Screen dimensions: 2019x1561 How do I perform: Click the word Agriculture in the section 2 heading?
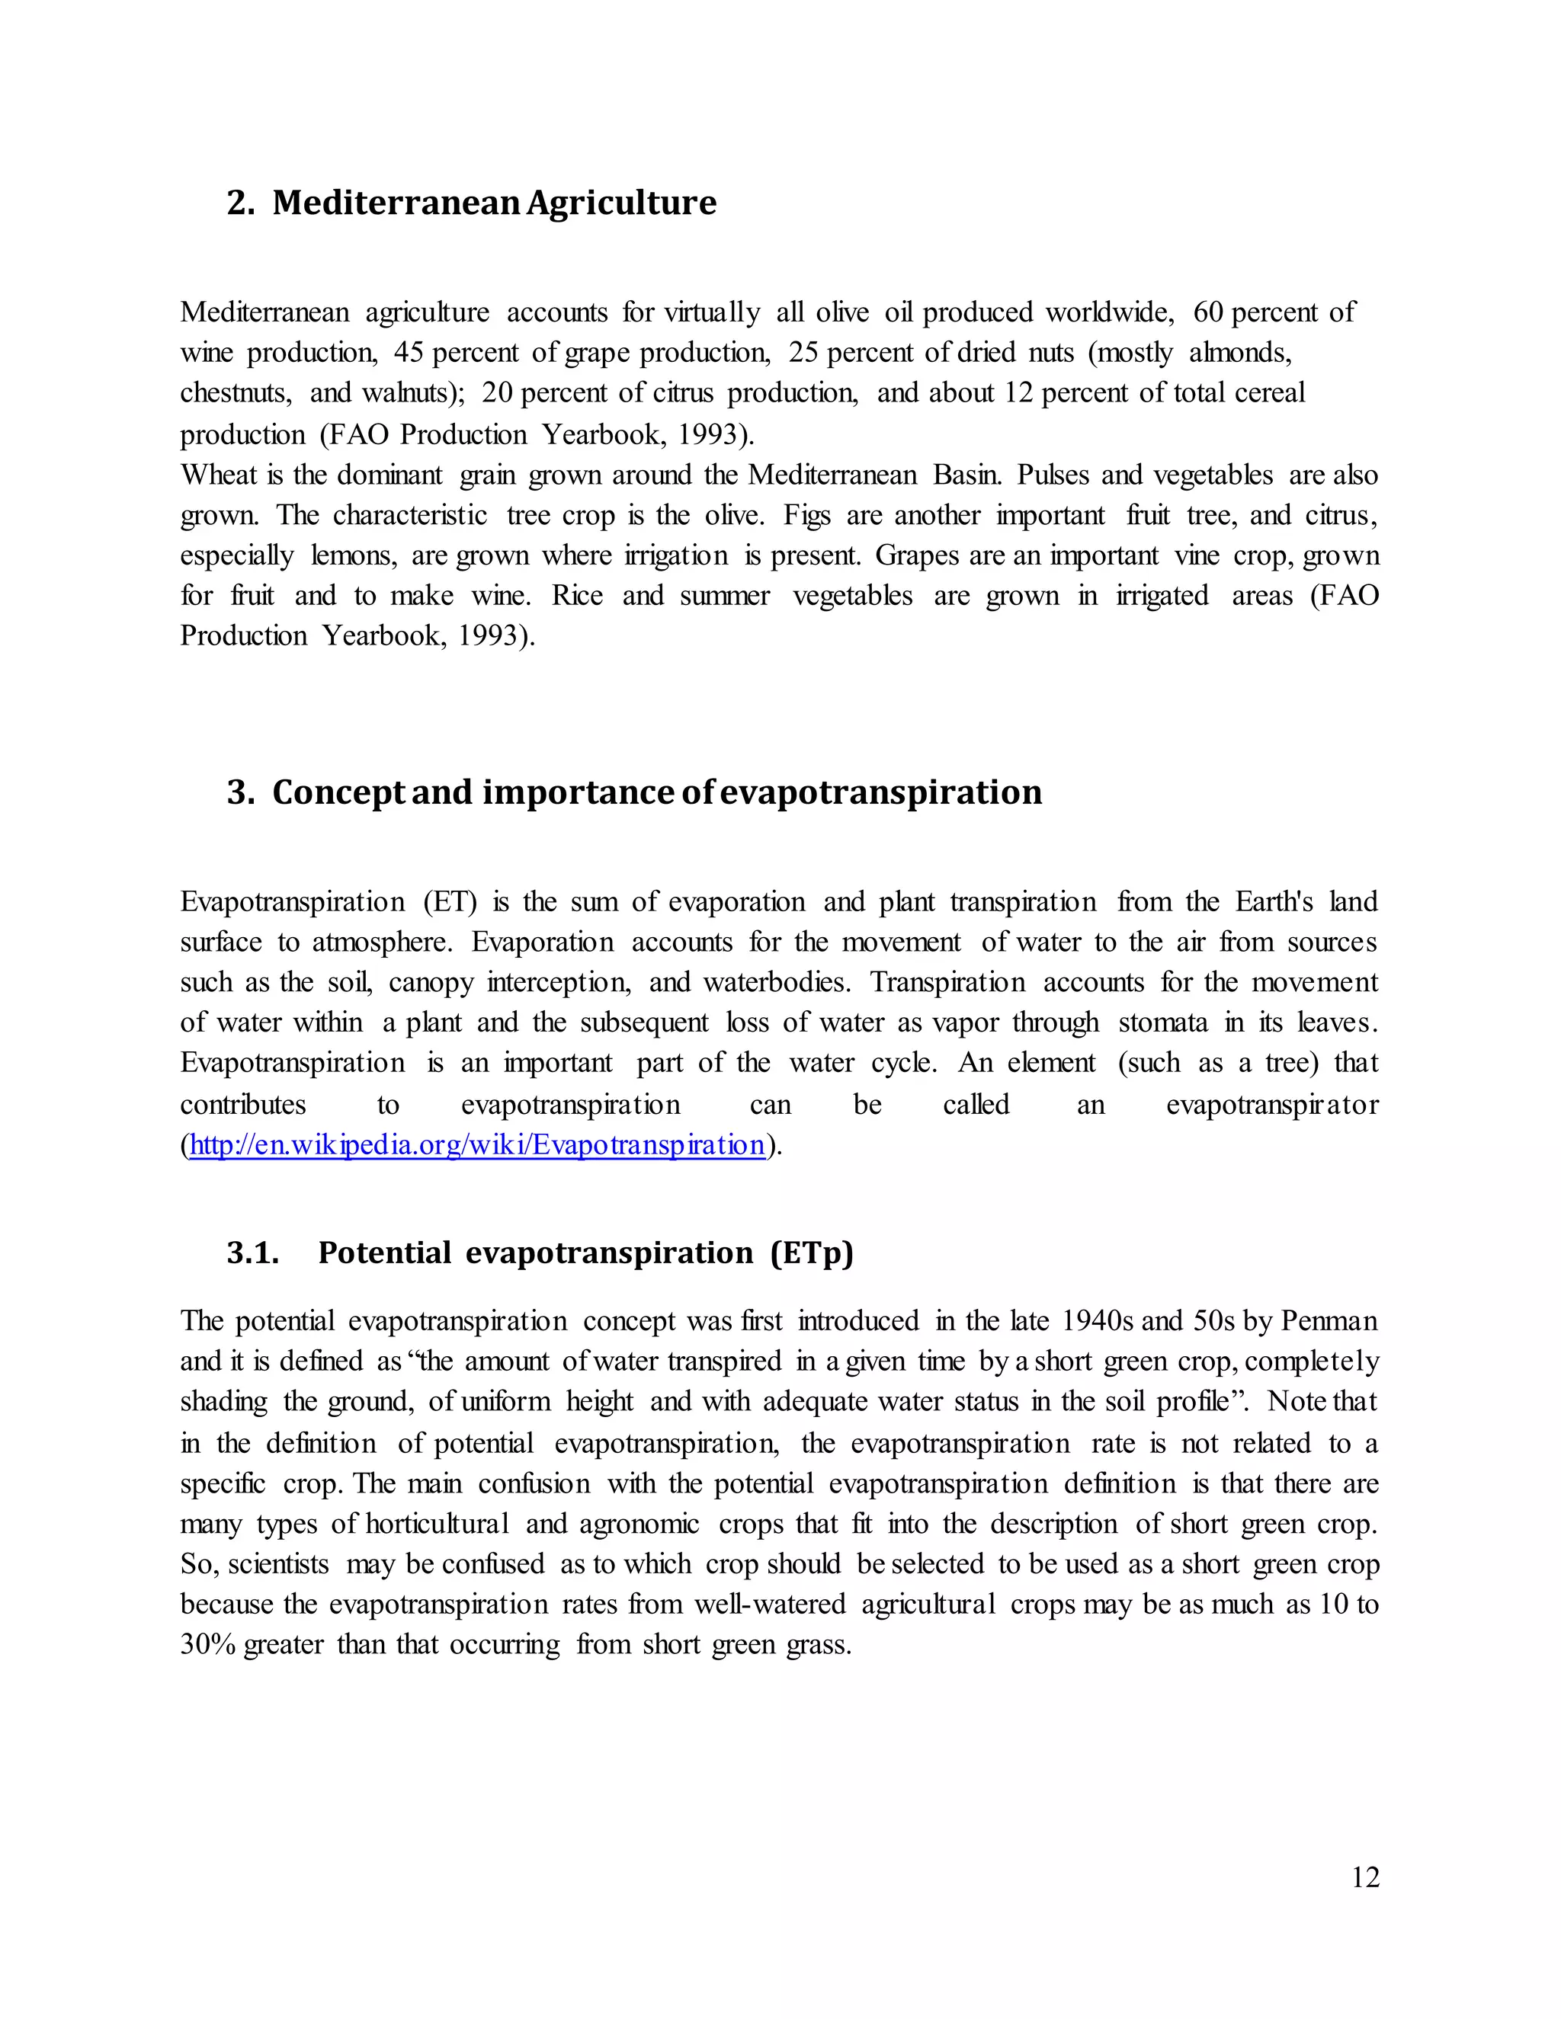pos(621,203)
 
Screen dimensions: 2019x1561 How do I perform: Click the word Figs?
pos(806,516)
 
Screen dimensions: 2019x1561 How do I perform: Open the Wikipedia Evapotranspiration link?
pos(477,1145)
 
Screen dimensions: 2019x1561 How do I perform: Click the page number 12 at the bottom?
pos(1365,1877)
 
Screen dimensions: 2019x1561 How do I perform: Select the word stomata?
pos(1162,1023)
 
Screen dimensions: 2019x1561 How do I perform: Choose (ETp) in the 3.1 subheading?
pos(811,1253)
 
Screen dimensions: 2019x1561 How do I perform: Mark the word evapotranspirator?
pos(1271,1105)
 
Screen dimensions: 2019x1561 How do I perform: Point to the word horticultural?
pos(438,1524)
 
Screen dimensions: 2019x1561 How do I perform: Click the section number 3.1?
pos(252,1253)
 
